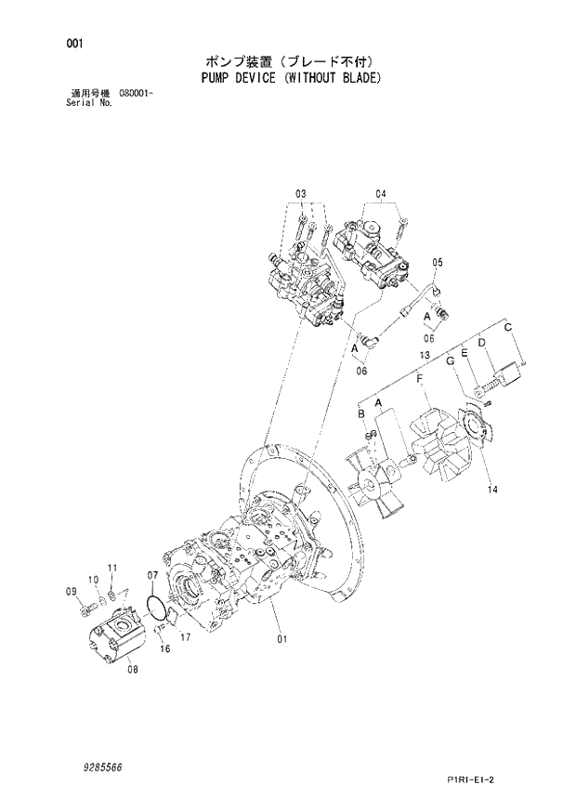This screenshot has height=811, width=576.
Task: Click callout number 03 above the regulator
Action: coord(301,193)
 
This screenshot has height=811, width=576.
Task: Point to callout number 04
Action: coord(381,193)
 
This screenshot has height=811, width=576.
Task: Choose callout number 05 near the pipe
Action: coord(438,262)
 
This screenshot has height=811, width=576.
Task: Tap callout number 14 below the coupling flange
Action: coord(492,490)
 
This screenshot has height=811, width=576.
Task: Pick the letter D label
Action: coord(482,344)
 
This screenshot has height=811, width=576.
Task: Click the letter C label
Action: coord(508,326)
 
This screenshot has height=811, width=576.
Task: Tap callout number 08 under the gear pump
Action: coord(132,667)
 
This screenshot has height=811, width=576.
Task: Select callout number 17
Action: coord(186,636)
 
